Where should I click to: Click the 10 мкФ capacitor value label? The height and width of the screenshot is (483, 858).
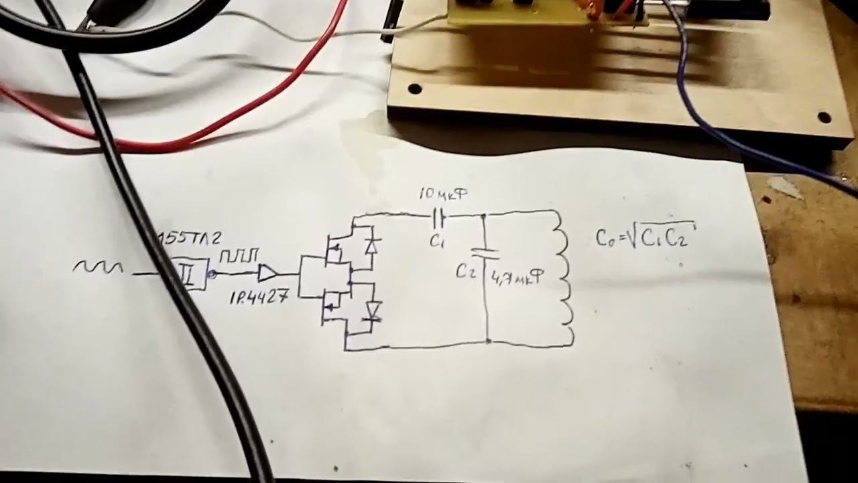tap(443, 195)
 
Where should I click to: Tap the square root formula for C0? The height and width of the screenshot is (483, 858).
tap(645, 236)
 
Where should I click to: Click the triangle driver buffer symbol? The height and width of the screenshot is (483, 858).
tap(267, 273)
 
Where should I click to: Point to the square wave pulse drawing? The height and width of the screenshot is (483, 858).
tap(237, 256)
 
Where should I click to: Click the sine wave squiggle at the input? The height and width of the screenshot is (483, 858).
tap(98, 268)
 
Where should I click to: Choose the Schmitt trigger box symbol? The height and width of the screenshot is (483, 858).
tap(189, 274)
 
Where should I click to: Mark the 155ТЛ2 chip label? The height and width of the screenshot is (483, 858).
tap(190, 239)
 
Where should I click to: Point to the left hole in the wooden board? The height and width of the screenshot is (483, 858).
tap(415, 89)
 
